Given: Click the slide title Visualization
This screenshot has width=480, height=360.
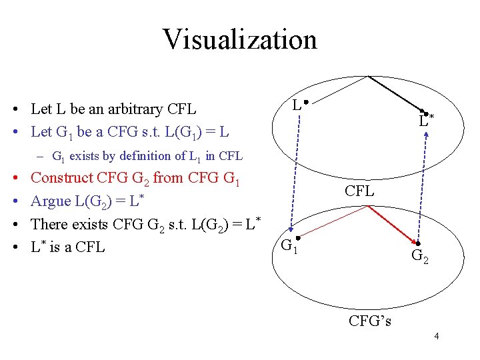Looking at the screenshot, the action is pos(239,39).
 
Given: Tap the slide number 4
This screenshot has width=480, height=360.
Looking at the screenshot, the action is pos(436,336).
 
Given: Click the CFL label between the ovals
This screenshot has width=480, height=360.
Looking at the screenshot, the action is pos(360,191).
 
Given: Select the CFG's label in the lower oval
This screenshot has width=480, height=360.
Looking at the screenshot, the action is pos(370,321).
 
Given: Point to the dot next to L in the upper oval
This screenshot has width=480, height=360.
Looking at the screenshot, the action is pos(303,102).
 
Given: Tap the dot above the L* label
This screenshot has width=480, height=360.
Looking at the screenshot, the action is pos(421,112).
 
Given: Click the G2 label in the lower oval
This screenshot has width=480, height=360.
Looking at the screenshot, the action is pos(420,255).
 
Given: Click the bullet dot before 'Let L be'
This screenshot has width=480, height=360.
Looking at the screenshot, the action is pos(14,109).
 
